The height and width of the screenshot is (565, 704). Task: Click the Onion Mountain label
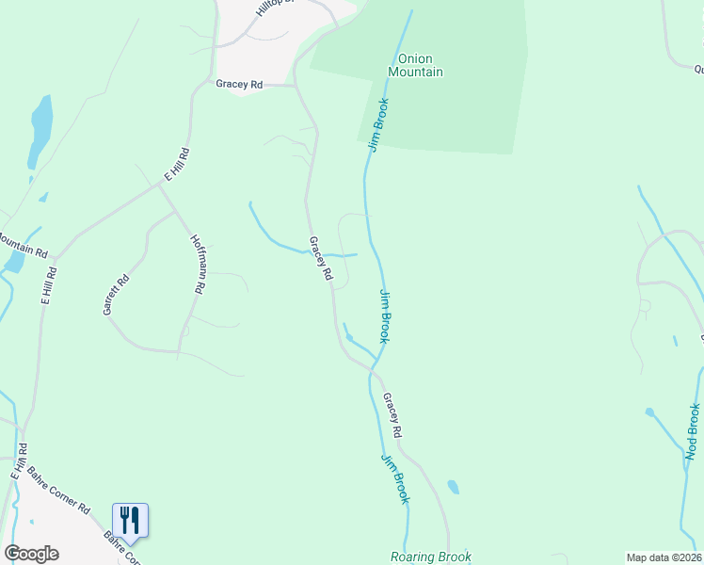pyautogui.click(x=415, y=64)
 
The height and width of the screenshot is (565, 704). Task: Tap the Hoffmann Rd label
pyautogui.click(x=198, y=264)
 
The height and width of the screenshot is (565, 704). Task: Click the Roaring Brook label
pyautogui.click(x=431, y=557)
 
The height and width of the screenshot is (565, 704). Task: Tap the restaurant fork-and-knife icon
pyautogui.click(x=130, y=520)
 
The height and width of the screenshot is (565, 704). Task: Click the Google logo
pyautogui.click(x=31, y=554)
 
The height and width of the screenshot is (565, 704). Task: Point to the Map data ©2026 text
pyautogui.click(x=664, y=557)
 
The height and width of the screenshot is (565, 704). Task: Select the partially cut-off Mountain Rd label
pyautogui.click(x=23, y=247)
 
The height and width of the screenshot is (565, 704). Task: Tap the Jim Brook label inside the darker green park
pyautogui.click(x=378, y=128)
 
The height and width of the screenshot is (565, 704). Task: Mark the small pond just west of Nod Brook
pyautogui.click(x=650, y=412)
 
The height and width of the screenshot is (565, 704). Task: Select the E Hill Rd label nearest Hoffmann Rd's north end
pyautogui.click(x=177, y=164)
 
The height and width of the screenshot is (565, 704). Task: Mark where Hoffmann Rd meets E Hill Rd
pyautogui.click(x=158, y=185)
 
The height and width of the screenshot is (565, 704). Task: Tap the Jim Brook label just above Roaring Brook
pyautogui.click(x=395, y=478)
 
